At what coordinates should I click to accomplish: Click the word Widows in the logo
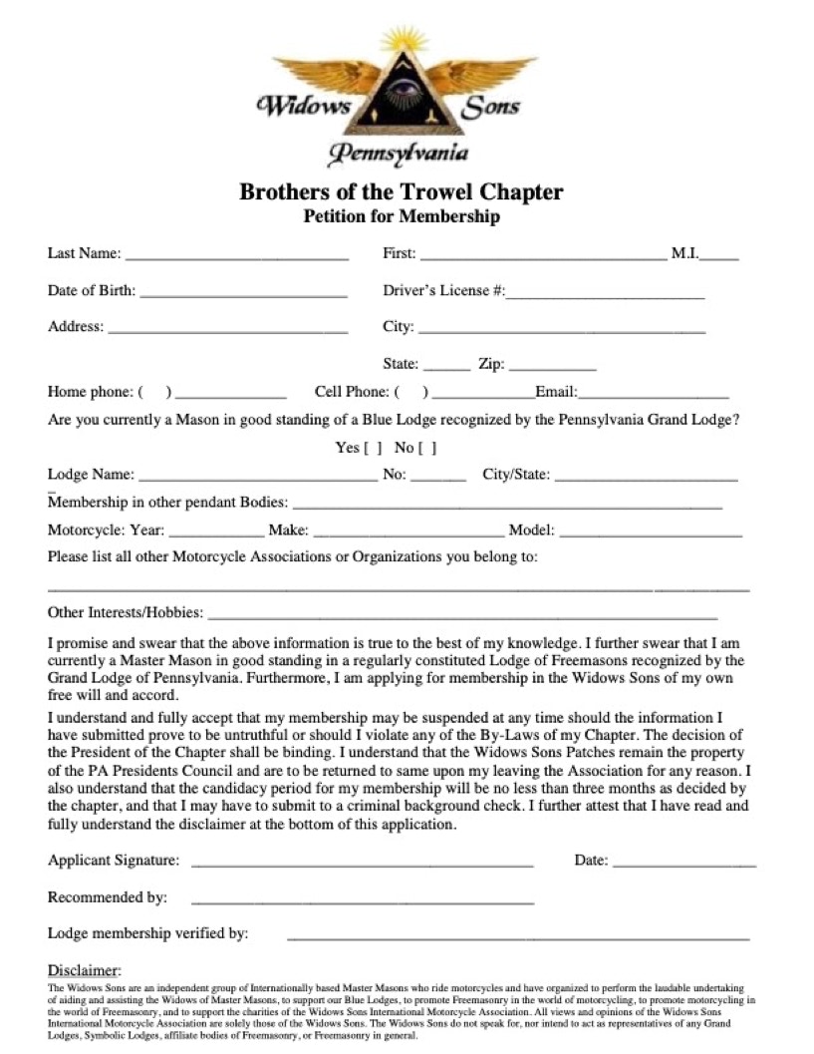pyautogui.click(x=303, y=105)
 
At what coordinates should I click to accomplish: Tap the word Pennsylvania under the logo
pyautogui.click(x=399, y=155)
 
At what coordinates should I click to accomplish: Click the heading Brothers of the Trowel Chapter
pyautogui.click(x=401, y=191)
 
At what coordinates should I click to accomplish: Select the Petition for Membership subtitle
pyautogui.click(x=402, y=216)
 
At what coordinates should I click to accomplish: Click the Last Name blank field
pyautogui.click(x=236, y=257)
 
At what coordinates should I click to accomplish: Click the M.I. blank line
pyautogui.click(x=719, y=257)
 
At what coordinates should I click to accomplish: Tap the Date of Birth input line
pyautogui.click(x=243, y=295)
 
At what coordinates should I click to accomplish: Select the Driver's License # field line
pyautogui.click(x=605, y=295)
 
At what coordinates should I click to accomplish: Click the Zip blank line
pyautogui.click(x=552, y=368)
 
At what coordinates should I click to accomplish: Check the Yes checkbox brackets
pyautogui.click(x=374, y=448)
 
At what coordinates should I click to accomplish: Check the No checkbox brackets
pyautogui.click(x=428, y=448)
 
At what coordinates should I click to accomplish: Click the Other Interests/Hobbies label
pyautogui.click(x=126, y=612)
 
